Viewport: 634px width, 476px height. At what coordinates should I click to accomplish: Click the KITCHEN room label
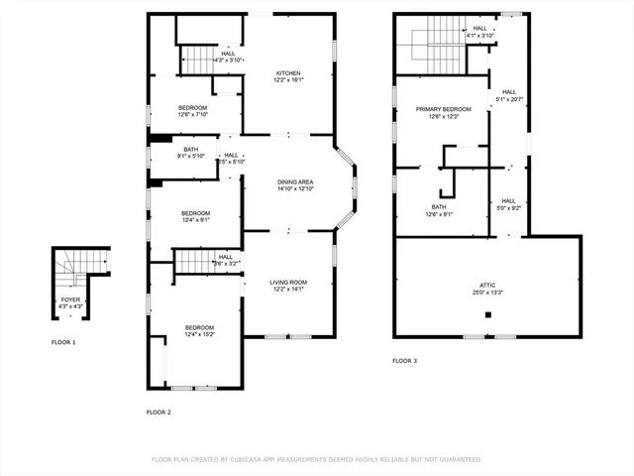pos(288,73)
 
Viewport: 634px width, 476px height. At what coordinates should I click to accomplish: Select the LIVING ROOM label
pos(289,283)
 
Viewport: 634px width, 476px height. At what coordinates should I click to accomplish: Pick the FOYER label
pos(71,298)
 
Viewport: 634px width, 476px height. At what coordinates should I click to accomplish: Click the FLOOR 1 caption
pos(63,342)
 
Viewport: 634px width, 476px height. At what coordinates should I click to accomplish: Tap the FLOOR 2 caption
pos(158,412)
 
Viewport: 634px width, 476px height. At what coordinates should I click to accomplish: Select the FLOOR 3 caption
pos(404,361)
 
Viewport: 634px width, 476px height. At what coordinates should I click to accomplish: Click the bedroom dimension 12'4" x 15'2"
pos(199,334)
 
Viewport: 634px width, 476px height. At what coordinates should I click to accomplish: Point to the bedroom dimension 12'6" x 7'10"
pos(193,114)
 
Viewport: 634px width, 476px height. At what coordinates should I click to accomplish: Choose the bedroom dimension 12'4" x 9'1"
pos(195,220)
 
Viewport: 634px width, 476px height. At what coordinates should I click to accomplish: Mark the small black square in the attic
pos(487,315)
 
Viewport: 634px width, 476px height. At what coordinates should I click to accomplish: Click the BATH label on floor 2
pos(190,149)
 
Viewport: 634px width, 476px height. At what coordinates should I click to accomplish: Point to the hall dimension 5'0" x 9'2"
pos(507,207)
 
